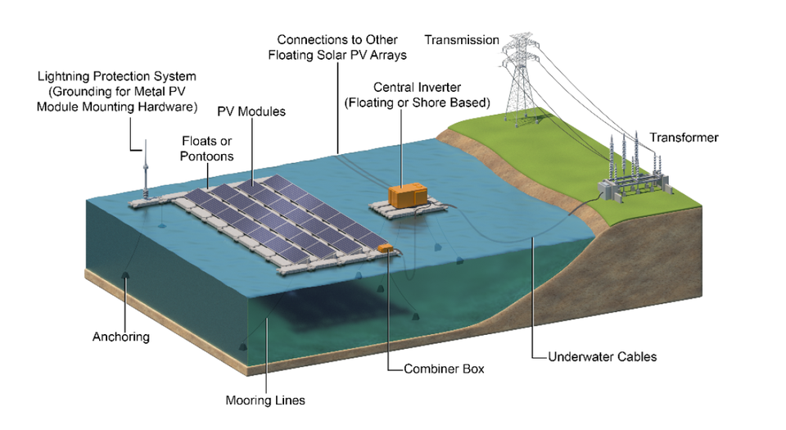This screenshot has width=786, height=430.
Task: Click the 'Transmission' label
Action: [x=462, y=39]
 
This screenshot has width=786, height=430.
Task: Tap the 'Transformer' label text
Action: [x=684, y=137]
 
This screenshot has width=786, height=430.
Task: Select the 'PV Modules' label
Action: [x=251, y=111]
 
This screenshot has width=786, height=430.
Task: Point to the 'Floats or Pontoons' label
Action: [x=207, y=148]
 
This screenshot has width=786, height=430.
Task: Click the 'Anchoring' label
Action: [x=121, y=337]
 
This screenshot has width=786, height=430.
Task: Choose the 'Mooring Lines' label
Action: [x=264, y=401]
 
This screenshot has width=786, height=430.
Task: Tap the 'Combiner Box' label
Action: [x=444, y=369]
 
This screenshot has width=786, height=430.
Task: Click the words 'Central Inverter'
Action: [x=417, y=87]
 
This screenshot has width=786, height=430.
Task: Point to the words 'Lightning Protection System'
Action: [x=117, y=76]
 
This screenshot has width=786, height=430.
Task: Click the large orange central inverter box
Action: [x=409, y=195]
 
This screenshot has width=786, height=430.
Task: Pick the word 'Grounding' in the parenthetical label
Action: [x=82, y=92]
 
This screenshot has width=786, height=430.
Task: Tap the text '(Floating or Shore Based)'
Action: [x=417, y=102]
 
